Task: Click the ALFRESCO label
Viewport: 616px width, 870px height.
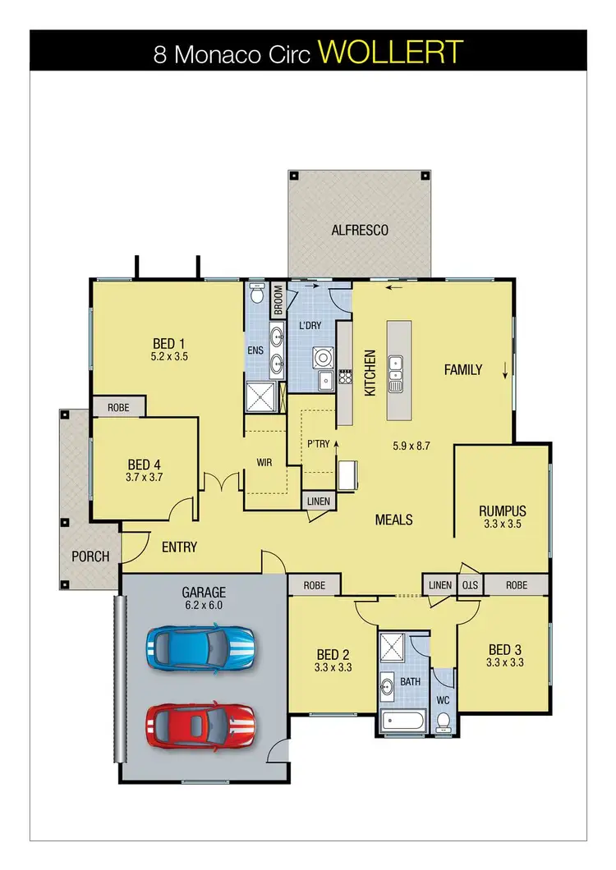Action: (359, 231)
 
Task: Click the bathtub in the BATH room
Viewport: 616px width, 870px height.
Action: (402, 722)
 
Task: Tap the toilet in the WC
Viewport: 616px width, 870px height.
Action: (443, 720)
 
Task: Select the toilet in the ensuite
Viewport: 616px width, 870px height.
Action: (256, 295)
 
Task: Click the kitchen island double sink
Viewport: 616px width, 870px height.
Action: (396, 372)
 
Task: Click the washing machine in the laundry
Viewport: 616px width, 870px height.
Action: (320, 358)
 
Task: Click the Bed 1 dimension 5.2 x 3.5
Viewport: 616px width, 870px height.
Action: (170, 357)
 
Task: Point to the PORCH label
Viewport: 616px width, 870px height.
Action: (90, 556)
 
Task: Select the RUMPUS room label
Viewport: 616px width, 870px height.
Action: (502, 511)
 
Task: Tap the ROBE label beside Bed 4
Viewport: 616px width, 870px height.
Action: (118, 406)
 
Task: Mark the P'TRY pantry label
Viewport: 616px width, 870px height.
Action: (318, 443)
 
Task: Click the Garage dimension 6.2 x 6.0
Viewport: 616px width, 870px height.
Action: (203, 605)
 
